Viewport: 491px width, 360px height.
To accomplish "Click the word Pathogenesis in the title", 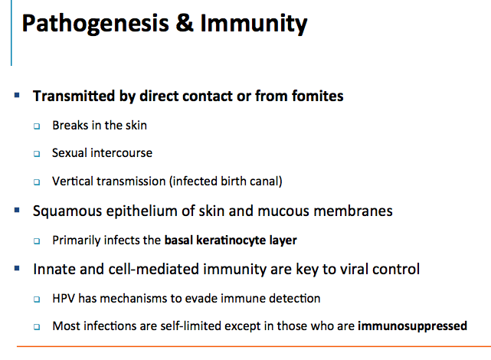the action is coord(95,24).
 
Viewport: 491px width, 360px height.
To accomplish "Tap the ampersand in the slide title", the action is coord(185,22).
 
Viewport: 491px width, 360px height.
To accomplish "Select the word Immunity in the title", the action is coord(254,24).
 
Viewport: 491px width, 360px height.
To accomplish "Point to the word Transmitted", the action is coord(74,96).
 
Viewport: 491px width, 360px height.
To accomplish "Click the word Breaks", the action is coord(70,125).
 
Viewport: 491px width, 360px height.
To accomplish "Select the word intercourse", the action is coord(121,152).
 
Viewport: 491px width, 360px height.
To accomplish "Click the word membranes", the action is coord(353,211).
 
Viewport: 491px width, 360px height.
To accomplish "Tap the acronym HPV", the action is coord(64,298).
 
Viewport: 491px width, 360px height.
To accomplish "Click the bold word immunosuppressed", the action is coord(412,326).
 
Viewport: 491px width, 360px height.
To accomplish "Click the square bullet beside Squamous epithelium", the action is coord(17,210).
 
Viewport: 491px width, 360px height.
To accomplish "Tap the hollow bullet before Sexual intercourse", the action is coord(37,154).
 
